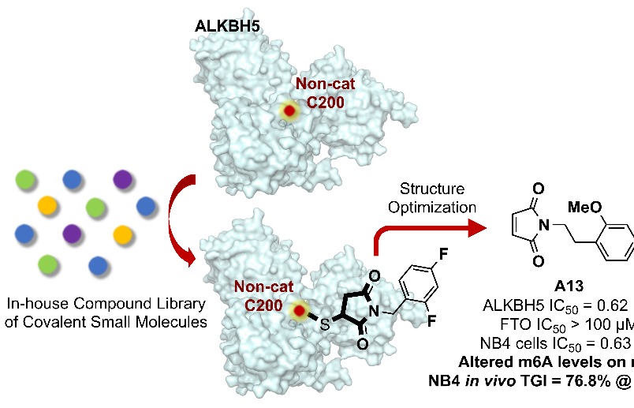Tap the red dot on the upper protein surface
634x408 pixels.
pos(290,112)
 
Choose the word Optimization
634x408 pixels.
pos(435,207)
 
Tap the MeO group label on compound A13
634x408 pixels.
pos(584,208)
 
